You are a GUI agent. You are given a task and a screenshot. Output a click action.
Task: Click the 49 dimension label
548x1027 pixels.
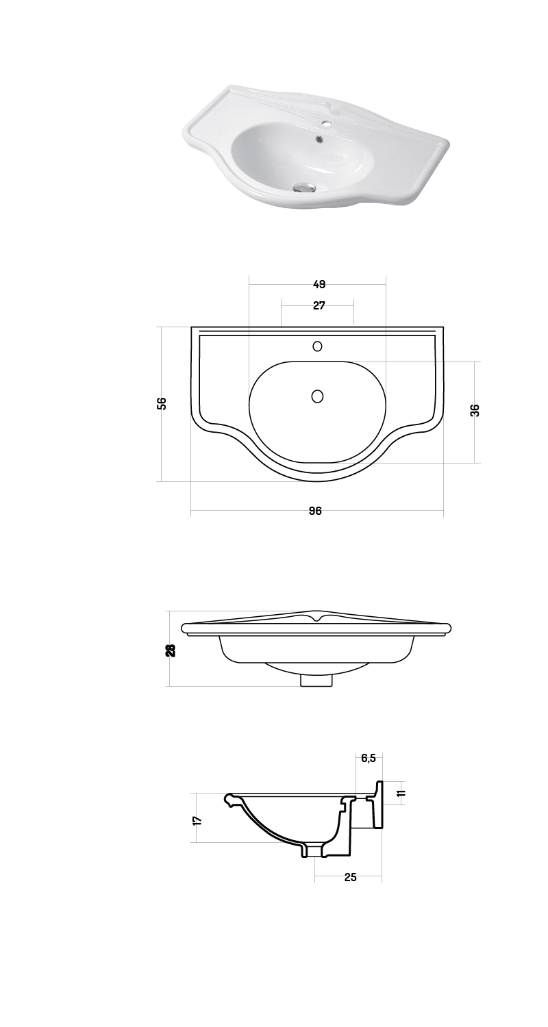pos(319,284)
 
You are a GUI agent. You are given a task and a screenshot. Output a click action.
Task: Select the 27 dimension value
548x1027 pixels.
pos(319,306)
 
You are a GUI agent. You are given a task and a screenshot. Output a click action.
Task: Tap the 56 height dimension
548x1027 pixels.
pos(162,403)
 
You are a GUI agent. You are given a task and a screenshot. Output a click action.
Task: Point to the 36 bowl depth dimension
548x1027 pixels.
pos(475,410)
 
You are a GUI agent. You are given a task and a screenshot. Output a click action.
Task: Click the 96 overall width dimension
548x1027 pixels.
pos(315,511)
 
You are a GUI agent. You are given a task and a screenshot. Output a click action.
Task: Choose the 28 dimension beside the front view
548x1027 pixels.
pos(171,650)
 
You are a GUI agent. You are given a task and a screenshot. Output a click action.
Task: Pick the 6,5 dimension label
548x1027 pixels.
pos(369,759)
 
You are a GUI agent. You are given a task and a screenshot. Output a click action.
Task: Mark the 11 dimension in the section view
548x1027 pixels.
pos(402,793)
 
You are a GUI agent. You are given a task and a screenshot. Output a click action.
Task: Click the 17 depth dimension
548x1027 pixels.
pos(198,820)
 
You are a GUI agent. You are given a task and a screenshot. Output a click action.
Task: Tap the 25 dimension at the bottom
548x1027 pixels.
pos(350,877)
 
